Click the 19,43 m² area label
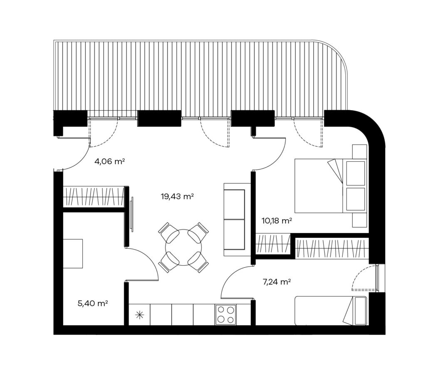177,196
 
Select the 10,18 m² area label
277,220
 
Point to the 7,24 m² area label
277,282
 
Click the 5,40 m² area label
93,303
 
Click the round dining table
183,247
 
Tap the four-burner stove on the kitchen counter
225,314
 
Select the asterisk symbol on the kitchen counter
139,315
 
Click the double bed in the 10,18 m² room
331,186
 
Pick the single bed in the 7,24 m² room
331,310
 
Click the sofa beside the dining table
237,220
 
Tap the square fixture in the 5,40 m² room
73,254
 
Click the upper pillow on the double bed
356,173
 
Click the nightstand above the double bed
359,152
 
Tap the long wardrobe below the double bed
332,247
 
